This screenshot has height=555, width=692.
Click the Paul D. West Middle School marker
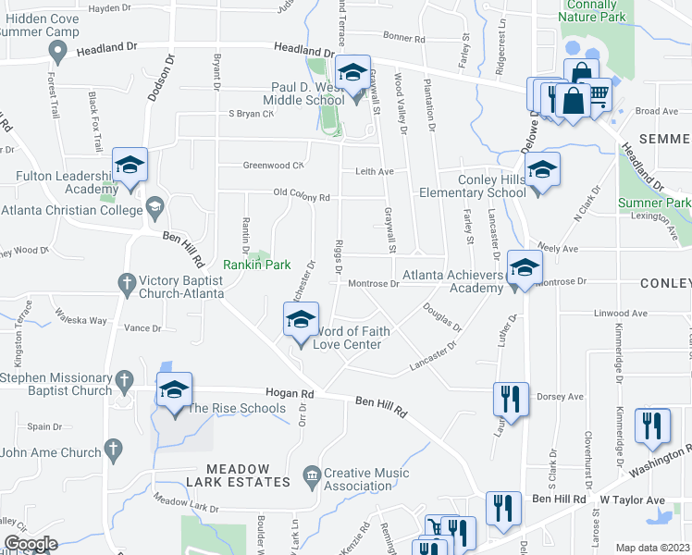[352, 73]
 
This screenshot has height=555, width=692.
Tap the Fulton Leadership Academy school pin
[130, 166]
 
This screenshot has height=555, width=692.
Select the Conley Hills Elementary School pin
[542, 170]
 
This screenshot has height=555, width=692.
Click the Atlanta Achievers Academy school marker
[525, 266]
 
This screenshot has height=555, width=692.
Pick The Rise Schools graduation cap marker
[173, 391]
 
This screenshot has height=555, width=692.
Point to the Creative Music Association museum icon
[311, 478]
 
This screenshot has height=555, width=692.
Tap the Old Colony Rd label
[302, 197]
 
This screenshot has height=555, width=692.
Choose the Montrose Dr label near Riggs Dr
[375, 284]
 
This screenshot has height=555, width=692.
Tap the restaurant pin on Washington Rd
[653, 425]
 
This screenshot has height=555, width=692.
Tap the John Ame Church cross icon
[113, 451]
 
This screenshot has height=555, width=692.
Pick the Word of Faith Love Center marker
[301, 322]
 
